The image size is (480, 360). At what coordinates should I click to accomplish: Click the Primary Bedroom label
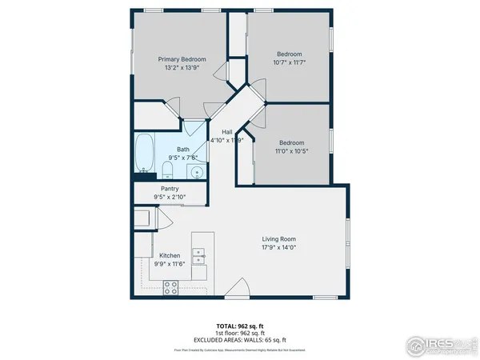pos(182,59)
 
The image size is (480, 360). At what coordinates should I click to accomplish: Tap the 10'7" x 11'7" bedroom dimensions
pos(290,62)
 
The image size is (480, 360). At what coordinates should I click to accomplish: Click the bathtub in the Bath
pos(144,154)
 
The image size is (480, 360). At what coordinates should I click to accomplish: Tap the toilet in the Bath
pos(166,169)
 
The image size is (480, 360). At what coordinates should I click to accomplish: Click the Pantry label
pos(170,189)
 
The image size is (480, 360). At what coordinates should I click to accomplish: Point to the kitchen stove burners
pos(170,287)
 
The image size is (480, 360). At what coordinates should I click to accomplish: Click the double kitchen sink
pos(199,257)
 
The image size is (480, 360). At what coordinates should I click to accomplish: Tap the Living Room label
pos(279,238)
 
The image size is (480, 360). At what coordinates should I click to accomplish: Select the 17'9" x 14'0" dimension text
pos(279,247)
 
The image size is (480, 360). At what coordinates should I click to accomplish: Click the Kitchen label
pos(170,255)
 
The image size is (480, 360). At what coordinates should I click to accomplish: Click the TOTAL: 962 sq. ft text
pos(239,326)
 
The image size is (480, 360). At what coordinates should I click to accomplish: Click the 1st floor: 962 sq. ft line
pos(239,334)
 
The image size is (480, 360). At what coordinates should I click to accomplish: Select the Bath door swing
pos(194,126)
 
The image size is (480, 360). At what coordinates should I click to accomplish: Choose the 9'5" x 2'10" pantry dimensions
pos(170,197)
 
